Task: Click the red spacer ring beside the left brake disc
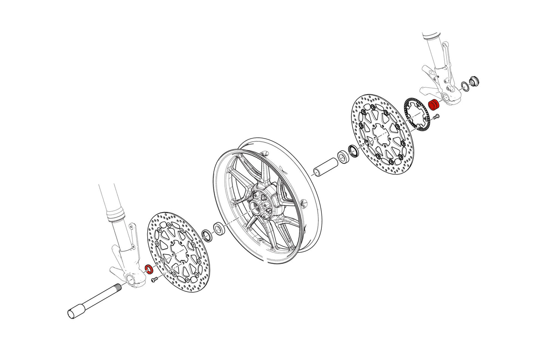tap(149, 268)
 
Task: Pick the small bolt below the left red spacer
tap(154, 279)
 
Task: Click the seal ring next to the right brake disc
tap(352, 150)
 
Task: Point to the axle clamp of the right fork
tap(453, 96)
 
